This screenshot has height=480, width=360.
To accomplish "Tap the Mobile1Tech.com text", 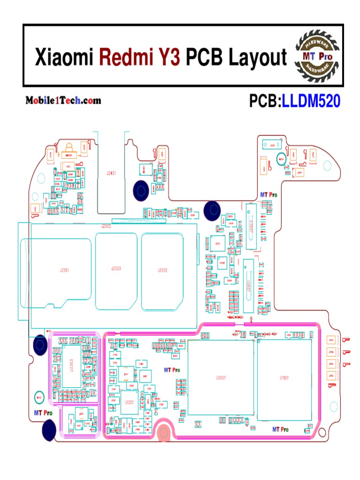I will click(63, 100).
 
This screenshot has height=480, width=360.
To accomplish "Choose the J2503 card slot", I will click(116, 269).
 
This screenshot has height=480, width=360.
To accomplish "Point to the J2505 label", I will click(106, 226).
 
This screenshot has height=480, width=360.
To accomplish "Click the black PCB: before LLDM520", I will click(265, 101).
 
